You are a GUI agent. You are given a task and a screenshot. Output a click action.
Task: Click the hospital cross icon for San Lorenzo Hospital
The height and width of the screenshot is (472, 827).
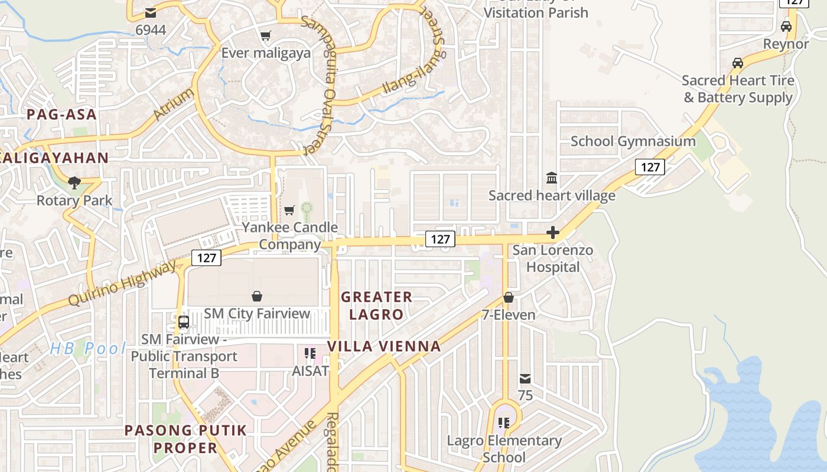553,233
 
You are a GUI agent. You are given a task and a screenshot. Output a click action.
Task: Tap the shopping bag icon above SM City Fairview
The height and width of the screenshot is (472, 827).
257,296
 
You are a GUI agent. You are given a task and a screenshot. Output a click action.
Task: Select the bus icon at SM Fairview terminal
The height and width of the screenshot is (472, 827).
184,322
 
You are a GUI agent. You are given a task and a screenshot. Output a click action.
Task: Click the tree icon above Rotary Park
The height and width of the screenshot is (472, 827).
74,182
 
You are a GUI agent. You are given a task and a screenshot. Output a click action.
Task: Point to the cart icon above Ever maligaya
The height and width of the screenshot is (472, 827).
266,36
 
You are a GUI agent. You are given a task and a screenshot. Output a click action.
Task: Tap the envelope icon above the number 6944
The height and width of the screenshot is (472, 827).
151,12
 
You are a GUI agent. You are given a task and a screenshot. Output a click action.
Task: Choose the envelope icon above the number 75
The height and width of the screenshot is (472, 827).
525,378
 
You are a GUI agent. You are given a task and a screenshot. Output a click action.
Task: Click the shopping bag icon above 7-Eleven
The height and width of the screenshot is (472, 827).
509,297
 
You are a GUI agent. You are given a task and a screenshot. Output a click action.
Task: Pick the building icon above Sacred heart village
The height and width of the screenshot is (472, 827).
552,178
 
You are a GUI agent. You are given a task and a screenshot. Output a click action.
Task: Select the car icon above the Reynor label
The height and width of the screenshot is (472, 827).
786,27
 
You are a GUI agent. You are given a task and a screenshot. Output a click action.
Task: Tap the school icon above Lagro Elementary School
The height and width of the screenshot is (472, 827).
504,422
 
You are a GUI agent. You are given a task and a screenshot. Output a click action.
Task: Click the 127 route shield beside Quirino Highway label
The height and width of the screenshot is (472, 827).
206,258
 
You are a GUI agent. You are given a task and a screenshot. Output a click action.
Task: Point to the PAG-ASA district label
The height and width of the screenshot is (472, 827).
61,114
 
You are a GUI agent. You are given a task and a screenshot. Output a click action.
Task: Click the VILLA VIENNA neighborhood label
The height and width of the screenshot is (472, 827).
385,346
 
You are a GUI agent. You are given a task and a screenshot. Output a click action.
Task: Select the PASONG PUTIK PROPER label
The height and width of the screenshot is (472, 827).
185,439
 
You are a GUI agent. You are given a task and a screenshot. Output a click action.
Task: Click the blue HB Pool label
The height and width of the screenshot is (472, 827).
88,348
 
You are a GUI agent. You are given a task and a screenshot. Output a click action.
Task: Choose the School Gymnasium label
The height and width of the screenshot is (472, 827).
633,142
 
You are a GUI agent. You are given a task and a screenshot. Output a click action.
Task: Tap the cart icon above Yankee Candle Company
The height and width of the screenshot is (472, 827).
289,211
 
